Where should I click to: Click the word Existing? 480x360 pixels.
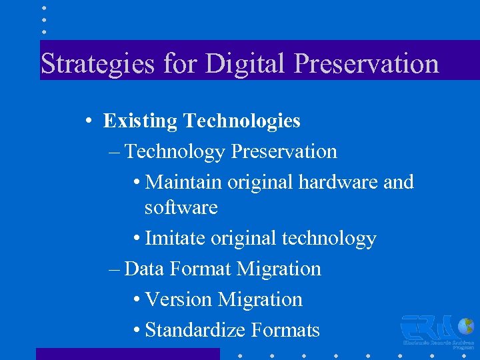(140, 121)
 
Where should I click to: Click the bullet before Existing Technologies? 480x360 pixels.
(88, 121)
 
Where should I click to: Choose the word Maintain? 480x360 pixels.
(183, 182)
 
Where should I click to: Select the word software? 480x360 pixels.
(181, 207)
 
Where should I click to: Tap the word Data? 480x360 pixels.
(144, 269)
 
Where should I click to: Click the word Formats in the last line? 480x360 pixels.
(287, 330)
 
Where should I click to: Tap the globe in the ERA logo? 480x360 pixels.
(466, 327)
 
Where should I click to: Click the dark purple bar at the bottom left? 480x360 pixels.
(127, 354)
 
